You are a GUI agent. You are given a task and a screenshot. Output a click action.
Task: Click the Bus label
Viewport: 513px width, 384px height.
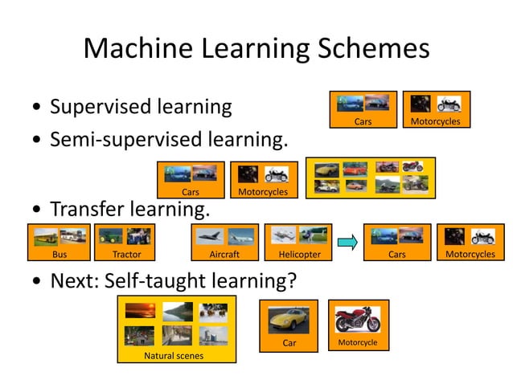pyautogui.click(x=60, y=255)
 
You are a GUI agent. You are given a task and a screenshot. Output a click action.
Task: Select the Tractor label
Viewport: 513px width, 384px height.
pyautogui.click(x=127, y=255)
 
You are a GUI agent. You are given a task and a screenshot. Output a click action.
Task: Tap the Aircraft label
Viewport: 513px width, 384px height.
pyautogui.click(x=224, y=255)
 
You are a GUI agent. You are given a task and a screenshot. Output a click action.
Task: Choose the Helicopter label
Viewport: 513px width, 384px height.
pyautogui.click(x=299, y=255)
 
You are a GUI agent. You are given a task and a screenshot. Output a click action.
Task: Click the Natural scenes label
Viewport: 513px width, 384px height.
pyautogui.click(x=174, y=355)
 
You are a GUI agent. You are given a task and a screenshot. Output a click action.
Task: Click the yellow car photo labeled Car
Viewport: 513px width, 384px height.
pyautogui.click(x=288, y=318)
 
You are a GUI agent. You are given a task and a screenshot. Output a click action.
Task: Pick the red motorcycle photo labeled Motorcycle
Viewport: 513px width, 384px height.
pyautogui.click(x=358, y=318)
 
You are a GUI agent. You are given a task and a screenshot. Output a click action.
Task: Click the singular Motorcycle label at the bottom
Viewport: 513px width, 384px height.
pyautogui.click(x=358, y=343)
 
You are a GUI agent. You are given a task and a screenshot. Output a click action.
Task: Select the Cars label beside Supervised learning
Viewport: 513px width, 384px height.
pyautogui.click(x=363, y=122)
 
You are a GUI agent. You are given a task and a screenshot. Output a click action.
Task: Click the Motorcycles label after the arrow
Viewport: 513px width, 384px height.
pyautogui.click(x=470, y=255)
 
